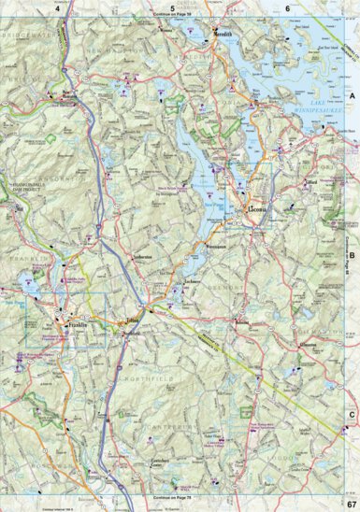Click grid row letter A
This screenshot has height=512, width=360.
353,96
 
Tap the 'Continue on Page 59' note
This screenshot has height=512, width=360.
176,16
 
